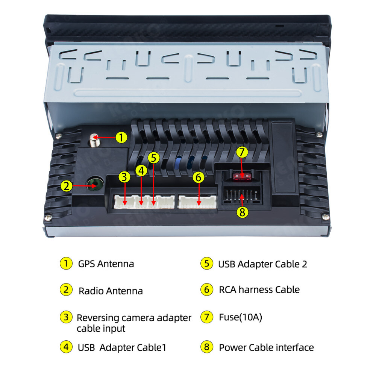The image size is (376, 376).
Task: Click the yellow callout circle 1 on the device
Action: [x=121, y=137]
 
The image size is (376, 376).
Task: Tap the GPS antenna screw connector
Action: [x=94, y=140]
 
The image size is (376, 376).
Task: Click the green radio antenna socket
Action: [x=95, y=184]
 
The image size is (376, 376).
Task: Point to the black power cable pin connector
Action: [x=242, y=195]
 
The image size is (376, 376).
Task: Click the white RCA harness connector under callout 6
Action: [x=197, y=202]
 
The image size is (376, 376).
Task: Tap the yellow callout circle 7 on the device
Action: [x=242, y=152]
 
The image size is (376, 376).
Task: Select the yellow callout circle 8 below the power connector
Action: [x=242, y=212]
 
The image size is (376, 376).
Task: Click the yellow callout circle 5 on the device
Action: [x=154, y=158]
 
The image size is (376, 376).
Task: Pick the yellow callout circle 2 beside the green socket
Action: [x=67, y=186]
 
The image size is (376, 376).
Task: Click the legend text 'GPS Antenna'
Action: [x=106, y=264]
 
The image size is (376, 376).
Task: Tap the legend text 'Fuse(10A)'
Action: [x=241, y=317]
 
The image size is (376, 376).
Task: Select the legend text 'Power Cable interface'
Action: [x=267, y=347]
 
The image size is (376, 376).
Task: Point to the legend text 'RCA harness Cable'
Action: [x=259, y=290]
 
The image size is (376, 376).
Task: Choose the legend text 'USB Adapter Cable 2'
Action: [x=262, y=264]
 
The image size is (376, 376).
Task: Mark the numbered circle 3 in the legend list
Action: [x=66, y=317]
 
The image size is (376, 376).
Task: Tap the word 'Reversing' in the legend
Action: [x=98, y=318]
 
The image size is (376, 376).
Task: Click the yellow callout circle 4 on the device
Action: [x=141, y=170]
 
